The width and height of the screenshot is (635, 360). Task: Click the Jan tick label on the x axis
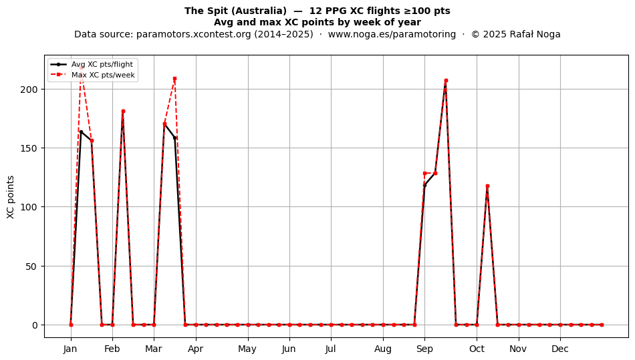(x=70, y=349)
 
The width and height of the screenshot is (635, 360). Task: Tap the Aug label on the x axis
(x=383, y=349)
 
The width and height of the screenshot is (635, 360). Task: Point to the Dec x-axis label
(x=560, y=349)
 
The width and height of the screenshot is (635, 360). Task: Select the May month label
(x=247, y=349)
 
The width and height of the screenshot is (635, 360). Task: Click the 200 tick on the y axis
(x=29, y=89)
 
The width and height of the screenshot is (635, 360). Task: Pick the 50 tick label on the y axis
(x=32, y=266)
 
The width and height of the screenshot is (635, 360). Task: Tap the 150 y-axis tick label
(x=29, y=148)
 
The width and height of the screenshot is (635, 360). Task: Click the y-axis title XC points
(x=11, y=197)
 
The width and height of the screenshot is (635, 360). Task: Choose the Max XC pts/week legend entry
(x=103, y=75)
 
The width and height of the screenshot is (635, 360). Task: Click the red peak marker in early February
(x=123, y=112)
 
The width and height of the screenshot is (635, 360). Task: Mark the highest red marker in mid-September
(x=446, y=81)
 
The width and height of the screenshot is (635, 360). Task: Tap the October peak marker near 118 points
(x=487, y=186)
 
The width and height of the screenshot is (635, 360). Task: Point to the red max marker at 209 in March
(x=174, y=78)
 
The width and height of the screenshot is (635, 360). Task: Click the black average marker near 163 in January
(x=81, y=132)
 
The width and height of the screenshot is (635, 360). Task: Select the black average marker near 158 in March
(x=174, y=138)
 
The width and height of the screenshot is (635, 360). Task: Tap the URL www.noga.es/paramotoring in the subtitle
(x=392, y=34)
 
